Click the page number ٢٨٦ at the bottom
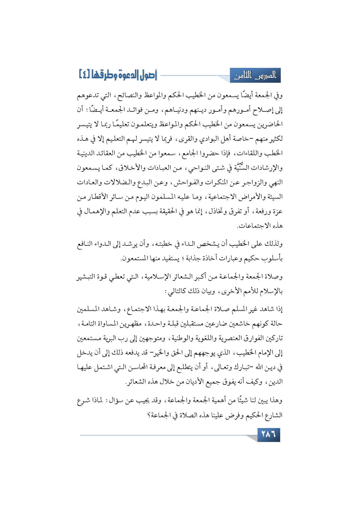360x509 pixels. click(x=269, y=434)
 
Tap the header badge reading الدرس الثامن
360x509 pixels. click(x=255, y=76)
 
